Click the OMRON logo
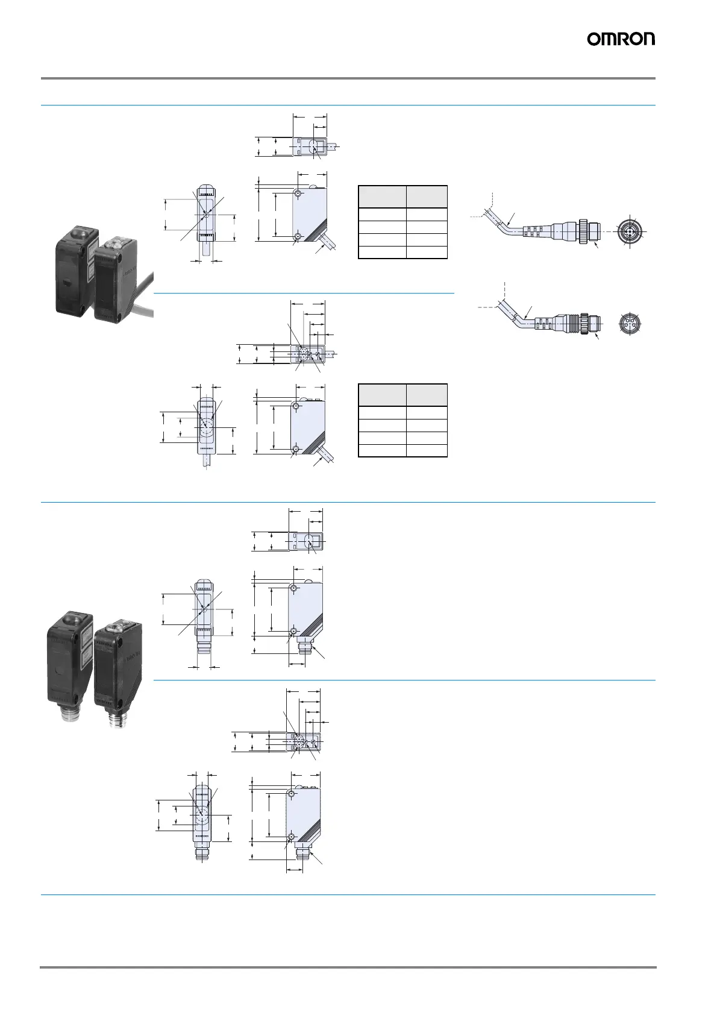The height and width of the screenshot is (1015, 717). (x=621, y=39)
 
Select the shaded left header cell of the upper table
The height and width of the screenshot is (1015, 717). (x=382, y=197)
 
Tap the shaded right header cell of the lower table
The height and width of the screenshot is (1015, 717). (x=427, y=395)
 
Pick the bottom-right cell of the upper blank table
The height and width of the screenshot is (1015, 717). (x=427, y=253)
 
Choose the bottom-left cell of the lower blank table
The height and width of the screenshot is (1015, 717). (x=382, y=450)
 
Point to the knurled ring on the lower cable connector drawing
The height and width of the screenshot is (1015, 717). (x=583, y=323)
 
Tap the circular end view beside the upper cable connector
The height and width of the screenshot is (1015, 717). (x=630, y=231)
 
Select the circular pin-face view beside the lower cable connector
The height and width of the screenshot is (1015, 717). (x=630, y=324)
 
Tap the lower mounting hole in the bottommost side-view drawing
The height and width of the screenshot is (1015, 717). (x=291, y=837)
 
